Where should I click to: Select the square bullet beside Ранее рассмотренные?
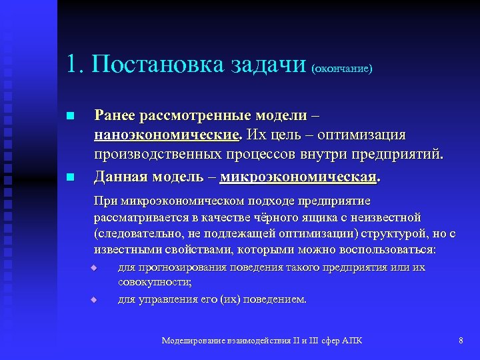[x=70, y=117]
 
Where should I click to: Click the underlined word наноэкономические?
[x=167, y=135]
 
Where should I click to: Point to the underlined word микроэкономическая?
[x=298, y=177]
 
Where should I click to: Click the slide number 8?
[x=461, y=341]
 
